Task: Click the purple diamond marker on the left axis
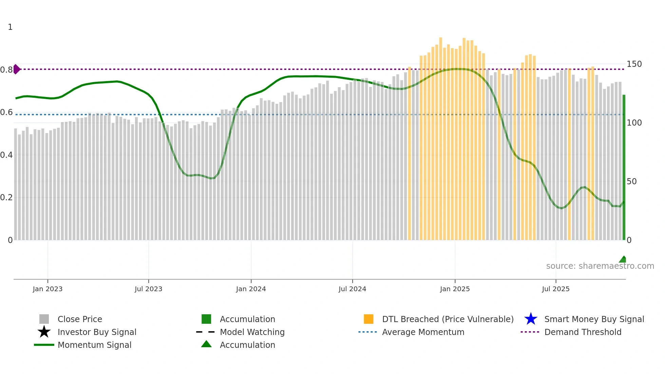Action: (16, 69)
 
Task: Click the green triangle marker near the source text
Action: (623, 260)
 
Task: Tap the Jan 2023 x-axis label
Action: (47, 289)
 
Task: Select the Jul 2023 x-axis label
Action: (148, 289)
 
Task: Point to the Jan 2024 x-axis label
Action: (251, 289)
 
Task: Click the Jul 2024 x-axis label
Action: (352, 289)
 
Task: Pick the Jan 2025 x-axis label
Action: (455, 289)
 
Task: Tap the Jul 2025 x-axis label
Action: (555, 289)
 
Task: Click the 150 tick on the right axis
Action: (634, 64)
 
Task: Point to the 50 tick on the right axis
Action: (631, 182)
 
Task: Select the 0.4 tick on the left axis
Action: (6, 155)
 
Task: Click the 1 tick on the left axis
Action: (10, 27)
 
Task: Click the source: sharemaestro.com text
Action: (600, 266)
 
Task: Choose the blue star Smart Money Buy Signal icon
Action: (531, 319)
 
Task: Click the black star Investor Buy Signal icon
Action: (44, 332)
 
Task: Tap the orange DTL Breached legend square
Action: (368, 319)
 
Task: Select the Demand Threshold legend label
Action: (583, 332)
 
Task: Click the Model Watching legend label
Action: (252, 332)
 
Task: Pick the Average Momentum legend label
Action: (423, 332)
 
